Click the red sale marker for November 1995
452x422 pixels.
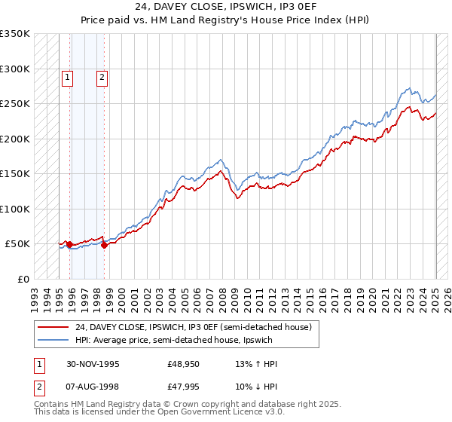point(69,244)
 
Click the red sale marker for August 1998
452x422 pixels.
point(104,245)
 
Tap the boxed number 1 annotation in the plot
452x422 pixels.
point(68,76)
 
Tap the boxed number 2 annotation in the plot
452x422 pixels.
point(102,76)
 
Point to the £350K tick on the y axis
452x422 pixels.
point(15,34)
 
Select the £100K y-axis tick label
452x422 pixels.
point(15,209)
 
